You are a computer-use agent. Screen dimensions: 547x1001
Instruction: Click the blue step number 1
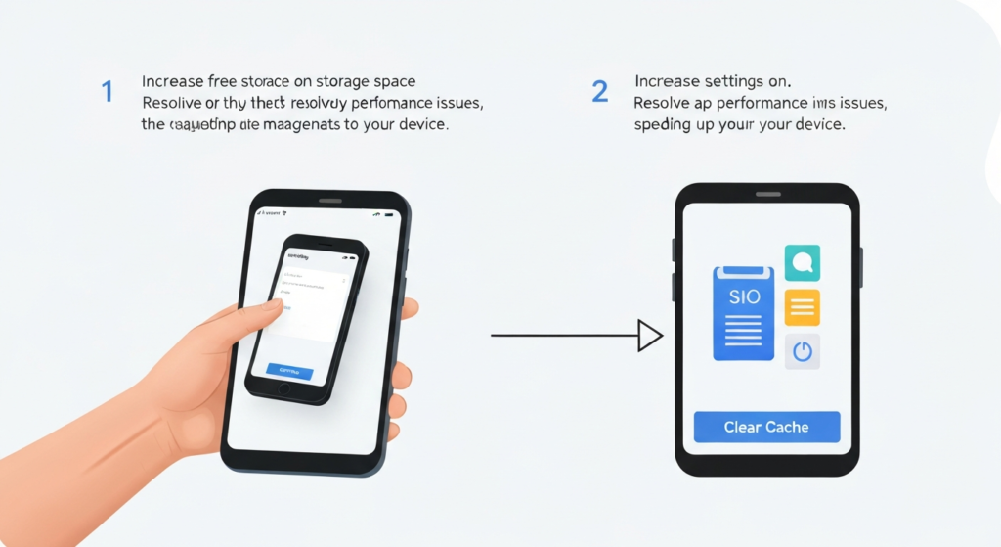(x=107, y=93)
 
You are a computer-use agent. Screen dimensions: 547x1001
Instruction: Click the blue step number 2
(x=600, y=93)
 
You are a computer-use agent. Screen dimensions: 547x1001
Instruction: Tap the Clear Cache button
(x=766, y=427)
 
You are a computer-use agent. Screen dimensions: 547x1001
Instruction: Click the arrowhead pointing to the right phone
(x=650, y=336)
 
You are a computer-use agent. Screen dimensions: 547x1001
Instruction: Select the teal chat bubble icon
(x=803, y=262)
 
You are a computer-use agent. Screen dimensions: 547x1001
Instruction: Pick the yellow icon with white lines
(x=803, y=307)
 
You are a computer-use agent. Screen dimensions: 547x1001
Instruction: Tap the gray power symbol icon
(x=803, y=351)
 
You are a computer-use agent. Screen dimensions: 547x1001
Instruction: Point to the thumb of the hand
(x=256, y=315)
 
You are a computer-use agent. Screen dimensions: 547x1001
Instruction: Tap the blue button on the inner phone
(x=289, y=372)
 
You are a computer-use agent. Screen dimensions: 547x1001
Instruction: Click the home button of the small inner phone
(x=283, y=388)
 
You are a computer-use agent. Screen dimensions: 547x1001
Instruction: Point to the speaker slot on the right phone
(x=767, y=194)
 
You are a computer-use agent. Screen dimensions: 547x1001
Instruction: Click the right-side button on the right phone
(x=861, y=267)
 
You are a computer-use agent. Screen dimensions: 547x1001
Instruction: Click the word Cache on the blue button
(x=787, y=427)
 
